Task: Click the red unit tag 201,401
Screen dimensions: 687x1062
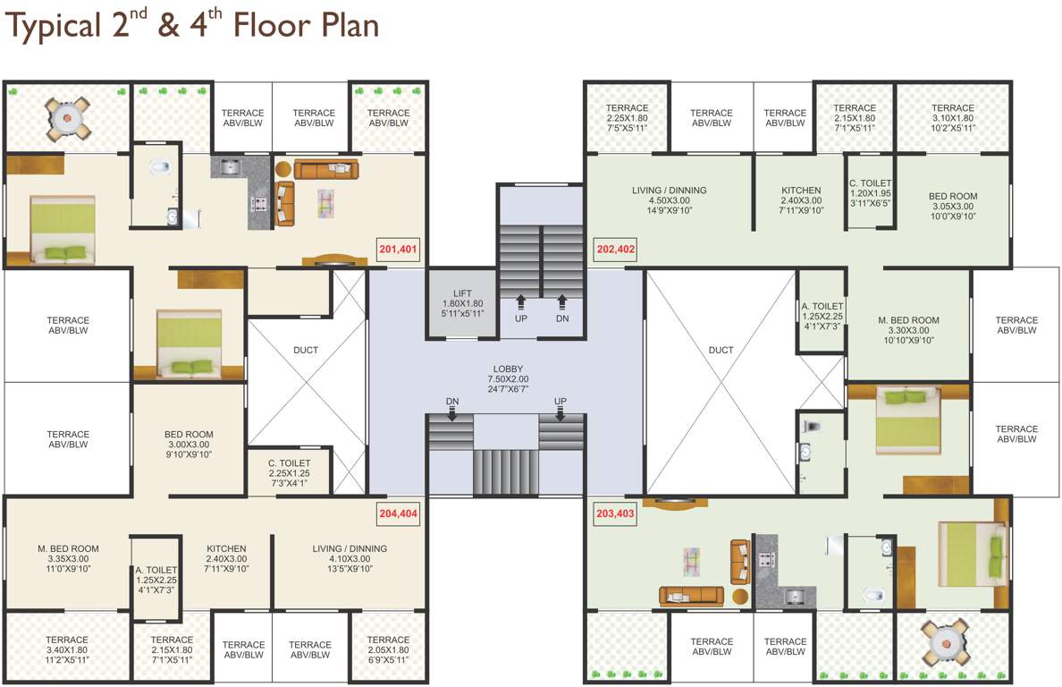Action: point(398,250)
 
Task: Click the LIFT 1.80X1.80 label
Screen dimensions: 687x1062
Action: point(462,303)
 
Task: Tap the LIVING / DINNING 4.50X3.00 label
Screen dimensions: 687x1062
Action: point(669,200)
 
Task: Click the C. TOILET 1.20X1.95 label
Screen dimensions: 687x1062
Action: point(871,194)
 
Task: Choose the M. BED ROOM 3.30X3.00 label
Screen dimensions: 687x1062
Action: point(908,329)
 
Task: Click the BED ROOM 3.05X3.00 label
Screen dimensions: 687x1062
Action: point(952,206)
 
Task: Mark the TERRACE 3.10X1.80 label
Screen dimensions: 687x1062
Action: point(952,117)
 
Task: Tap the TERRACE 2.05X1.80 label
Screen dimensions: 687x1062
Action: point(388,649)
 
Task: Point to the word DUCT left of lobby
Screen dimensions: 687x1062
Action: point(306,351)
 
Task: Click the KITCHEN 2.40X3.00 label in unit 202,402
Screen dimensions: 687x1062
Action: point(801,200)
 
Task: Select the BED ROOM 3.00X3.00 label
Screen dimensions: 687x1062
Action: point(189,444)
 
